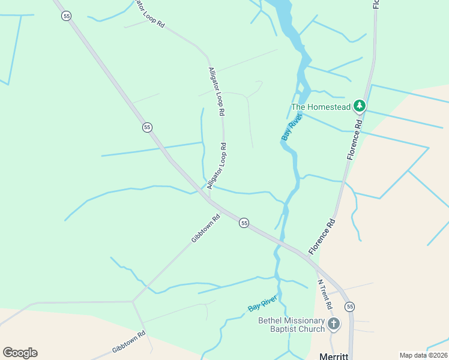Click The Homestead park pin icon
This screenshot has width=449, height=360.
[x=360, y=107]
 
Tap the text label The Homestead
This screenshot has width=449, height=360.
[x=321, y=107]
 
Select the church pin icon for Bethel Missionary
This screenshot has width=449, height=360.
[x=333, y=324]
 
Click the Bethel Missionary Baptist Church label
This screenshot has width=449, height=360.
[x=291, y=325]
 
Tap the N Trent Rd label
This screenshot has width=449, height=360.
[x=325, y=294]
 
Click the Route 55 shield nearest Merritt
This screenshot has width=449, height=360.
[x=350, y=307]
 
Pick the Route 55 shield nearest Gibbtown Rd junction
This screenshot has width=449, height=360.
[x=244, y=223]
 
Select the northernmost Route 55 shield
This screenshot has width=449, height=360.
[x=67, y=16]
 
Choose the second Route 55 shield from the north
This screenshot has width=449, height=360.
[x=148, y=127]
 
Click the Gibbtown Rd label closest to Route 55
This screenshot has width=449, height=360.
[x=206, y=229]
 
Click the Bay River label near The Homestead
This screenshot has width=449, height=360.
[x=291, y=127]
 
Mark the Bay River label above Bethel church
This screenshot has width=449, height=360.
[x=262, y=304]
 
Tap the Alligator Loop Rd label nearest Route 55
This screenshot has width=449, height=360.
[x=217, y=166]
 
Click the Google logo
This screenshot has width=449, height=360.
[x=20, y=353]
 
